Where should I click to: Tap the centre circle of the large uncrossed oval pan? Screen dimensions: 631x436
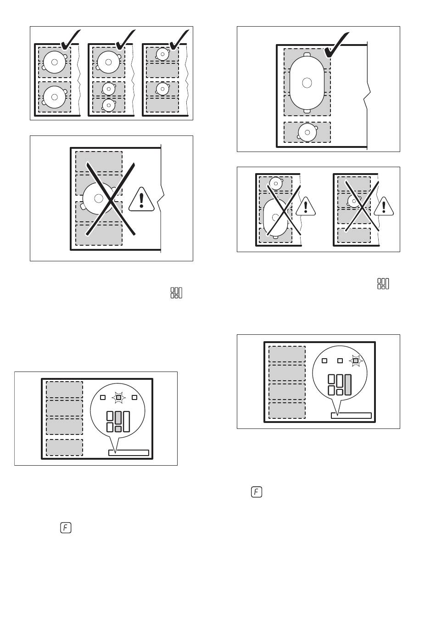307,83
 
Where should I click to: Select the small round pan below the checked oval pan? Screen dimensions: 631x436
307,132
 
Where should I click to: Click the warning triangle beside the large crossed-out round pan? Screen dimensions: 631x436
142,201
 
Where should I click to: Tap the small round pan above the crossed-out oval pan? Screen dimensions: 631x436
275,183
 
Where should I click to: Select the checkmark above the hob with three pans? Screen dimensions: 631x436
125,40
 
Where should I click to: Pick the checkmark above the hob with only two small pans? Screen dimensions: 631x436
179,40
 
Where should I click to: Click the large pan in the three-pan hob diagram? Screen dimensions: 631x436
108,62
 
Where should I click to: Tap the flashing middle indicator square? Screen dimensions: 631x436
118,397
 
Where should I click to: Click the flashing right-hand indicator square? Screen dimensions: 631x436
356,361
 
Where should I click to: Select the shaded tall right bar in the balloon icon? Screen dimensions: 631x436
347,385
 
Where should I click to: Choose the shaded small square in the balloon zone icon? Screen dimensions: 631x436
118,428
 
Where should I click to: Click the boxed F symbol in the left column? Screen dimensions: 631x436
65,528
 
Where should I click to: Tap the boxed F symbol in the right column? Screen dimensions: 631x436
257,492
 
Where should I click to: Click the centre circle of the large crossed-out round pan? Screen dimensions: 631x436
98,198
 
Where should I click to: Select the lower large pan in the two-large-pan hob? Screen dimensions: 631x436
55,97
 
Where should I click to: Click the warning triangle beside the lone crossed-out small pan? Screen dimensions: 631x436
384,207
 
